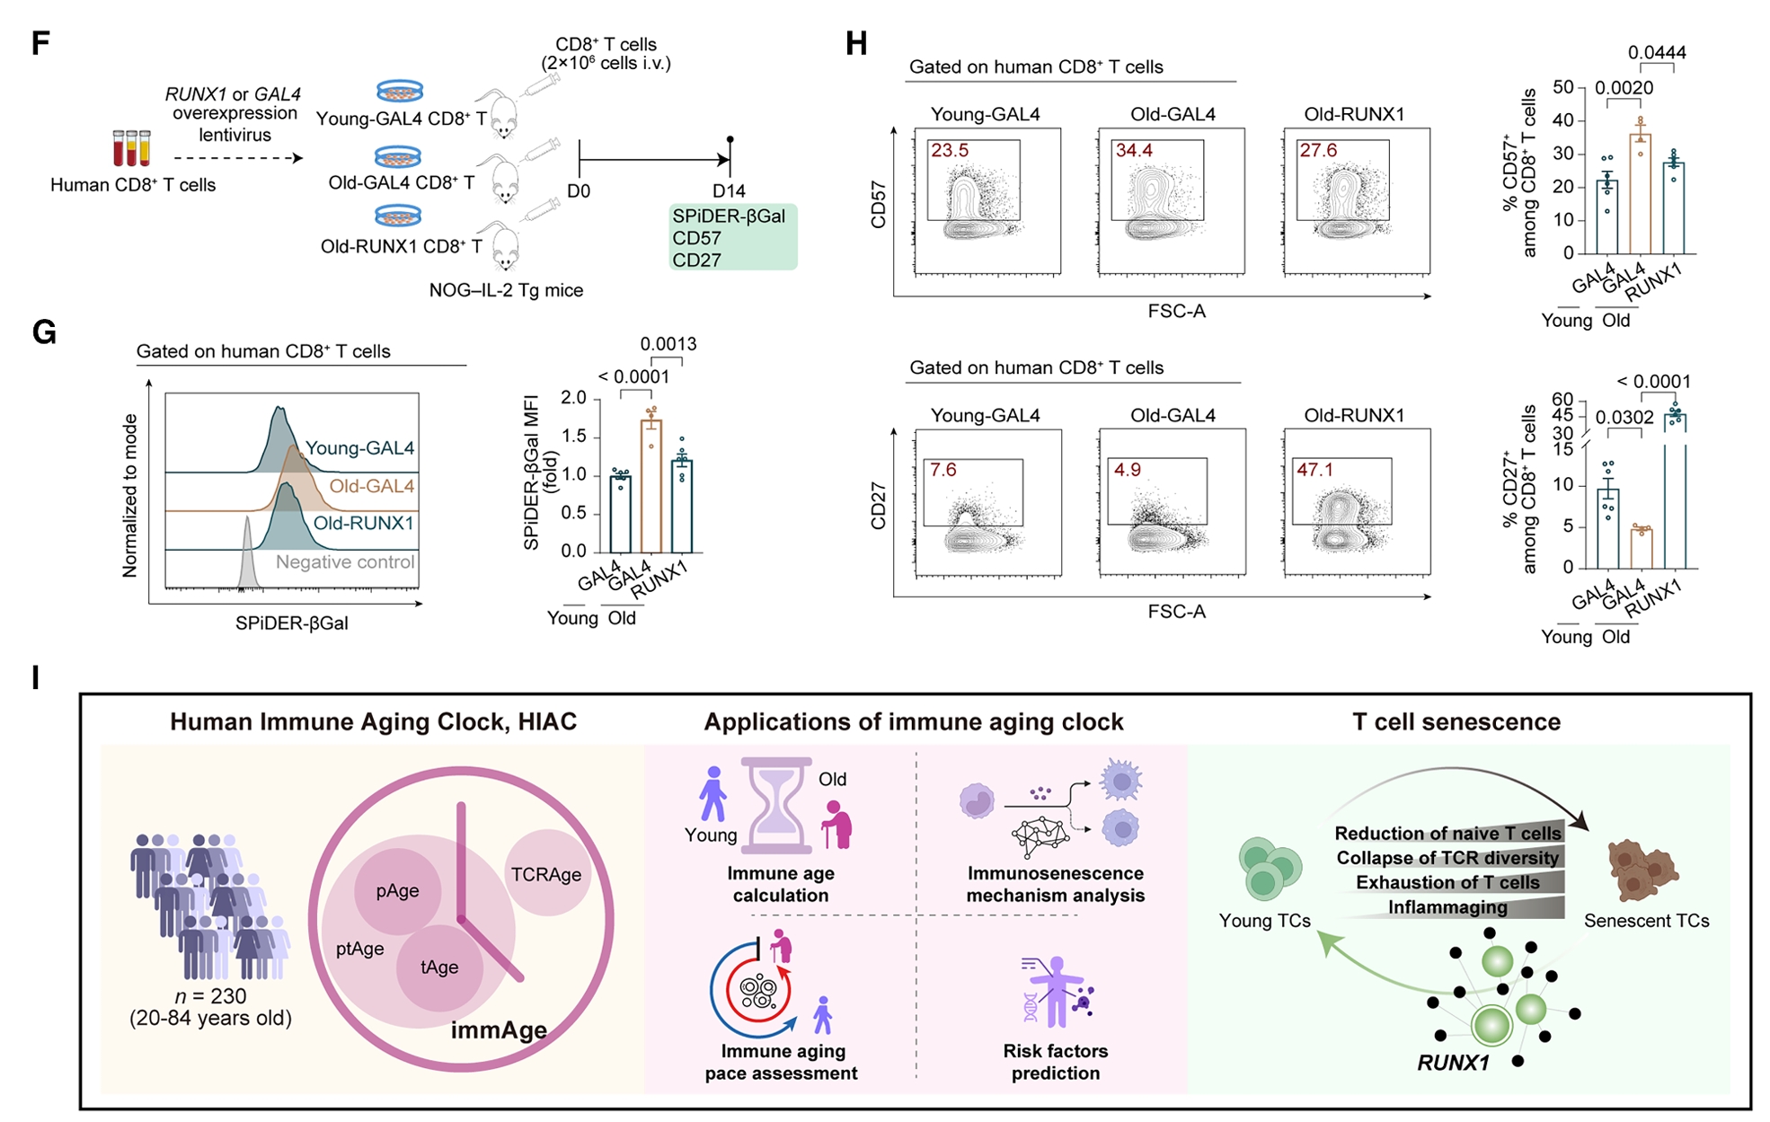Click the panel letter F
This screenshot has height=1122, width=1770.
[x=40, y=43]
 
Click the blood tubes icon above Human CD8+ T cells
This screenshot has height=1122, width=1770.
[x=131, y=148]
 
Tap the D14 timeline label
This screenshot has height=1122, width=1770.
[x=729, y=191]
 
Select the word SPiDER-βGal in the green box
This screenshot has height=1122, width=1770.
[x=729, y=216]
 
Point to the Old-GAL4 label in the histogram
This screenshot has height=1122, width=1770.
[x=371, y=486]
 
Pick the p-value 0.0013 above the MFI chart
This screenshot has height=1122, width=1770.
[x=668, y=344]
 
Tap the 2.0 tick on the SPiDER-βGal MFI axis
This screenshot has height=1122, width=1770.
[x=573, y=398]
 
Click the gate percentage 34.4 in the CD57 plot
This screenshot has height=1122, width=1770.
[x=1134, y=151]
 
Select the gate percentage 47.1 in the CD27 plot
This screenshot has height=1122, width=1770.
[x=1315, y=470]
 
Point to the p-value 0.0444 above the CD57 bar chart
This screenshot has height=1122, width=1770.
[x=1657, y=53]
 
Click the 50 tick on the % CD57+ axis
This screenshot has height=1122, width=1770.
[x=1563, y=87]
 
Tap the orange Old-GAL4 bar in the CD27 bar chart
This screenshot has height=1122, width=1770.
[x=1642, y=548]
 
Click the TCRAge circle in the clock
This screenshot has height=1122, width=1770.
[x=546, y=874]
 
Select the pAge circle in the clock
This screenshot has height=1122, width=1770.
[x=397, y=891]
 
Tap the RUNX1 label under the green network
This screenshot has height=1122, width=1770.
[x=1453, y=1064]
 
